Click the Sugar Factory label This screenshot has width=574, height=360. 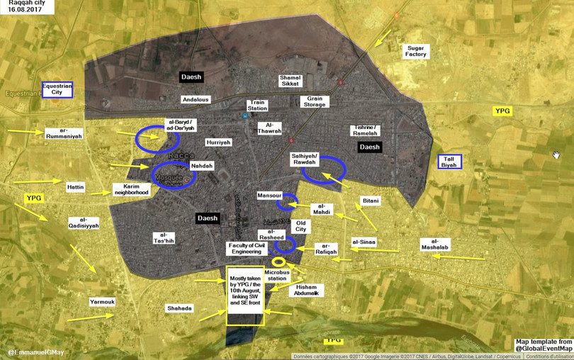[415, 51]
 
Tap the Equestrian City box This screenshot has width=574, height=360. [57, 89]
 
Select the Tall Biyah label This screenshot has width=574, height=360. [449, 162]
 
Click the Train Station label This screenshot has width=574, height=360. [257, 106]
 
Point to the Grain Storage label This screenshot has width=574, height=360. [315, 101]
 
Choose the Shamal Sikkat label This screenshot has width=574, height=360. [291, 81]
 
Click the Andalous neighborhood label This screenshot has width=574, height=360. [196, 100]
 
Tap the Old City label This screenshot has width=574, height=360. [301, 226]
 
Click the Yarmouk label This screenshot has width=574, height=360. [102, 302]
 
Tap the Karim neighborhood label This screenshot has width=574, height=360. [131, 189]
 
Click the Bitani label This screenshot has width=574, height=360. [371, 201]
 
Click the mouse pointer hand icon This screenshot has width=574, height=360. [556, 154]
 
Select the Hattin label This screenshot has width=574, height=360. [76, 187]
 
